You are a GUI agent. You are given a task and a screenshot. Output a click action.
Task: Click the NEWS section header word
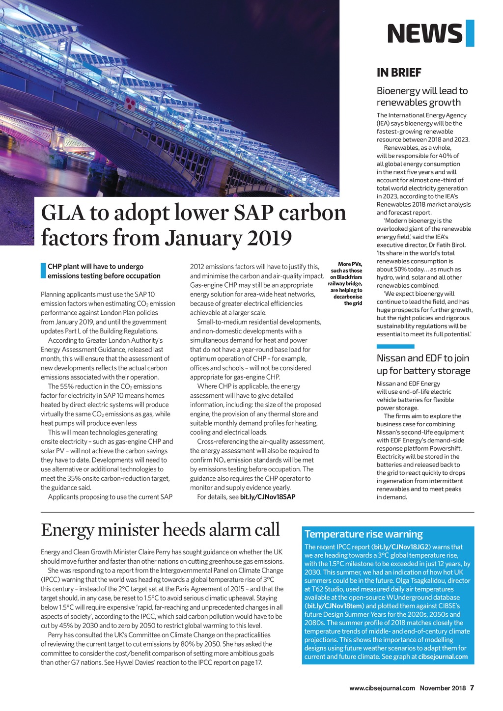pos(424,33)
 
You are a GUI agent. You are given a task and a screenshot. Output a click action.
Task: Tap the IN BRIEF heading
pos(399,73)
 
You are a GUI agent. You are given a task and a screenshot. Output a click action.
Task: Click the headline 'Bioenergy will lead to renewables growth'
pos(422,97)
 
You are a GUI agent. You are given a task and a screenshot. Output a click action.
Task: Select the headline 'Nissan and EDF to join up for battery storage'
pos(423,364)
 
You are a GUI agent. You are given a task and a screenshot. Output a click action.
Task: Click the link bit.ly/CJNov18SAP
pos(268,497)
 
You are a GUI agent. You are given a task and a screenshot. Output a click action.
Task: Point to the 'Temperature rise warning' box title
pos(363,534)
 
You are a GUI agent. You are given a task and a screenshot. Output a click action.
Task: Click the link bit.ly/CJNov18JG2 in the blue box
pos(402,547)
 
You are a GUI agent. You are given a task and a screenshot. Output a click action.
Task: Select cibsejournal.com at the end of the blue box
pos(443,656)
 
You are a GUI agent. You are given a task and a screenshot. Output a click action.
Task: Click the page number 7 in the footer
pos(472,688)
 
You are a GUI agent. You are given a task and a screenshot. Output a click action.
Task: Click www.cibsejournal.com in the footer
pos(382,688)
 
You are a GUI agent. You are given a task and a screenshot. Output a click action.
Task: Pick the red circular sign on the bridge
pos(130,103)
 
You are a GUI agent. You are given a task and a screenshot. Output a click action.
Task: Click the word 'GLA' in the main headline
pos(62,213)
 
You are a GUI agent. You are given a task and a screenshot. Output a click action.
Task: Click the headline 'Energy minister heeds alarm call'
pos(160,530)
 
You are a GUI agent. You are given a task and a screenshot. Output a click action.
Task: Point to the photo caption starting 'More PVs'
pos(346,284)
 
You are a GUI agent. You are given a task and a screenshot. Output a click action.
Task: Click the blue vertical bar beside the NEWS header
pos(470,33)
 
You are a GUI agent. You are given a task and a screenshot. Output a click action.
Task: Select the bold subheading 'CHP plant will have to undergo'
pos(95,267)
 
